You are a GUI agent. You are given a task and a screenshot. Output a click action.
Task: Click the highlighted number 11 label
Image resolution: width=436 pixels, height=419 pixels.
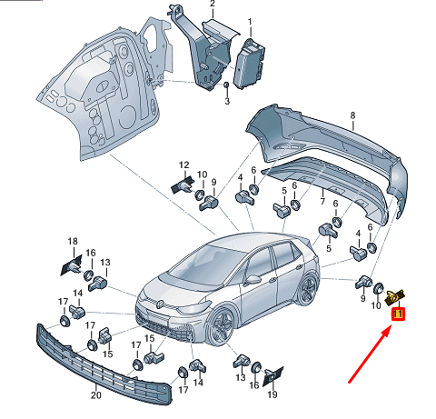[398, 314]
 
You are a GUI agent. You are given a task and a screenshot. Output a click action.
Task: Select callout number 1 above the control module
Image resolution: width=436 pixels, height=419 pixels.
[250, 22]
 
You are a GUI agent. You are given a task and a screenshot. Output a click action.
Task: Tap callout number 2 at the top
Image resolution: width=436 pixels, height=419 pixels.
[213, 4]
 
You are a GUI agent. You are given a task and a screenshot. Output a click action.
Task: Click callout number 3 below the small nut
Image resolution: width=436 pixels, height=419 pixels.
[227, 101]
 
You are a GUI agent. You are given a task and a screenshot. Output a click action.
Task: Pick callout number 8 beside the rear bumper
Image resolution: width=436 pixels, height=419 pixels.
[352, 115]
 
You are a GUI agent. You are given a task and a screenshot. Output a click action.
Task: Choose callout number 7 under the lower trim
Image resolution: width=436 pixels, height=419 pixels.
[322, 201]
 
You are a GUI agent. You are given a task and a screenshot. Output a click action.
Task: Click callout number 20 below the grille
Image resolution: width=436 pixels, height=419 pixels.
[95, 395]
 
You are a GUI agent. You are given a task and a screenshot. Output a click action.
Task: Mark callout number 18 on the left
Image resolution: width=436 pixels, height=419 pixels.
[73, 241]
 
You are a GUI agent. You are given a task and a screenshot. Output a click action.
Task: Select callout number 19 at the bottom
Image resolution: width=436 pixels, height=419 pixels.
[272, 394]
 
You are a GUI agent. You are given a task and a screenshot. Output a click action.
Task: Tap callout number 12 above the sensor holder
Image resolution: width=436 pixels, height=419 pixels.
[184, 165]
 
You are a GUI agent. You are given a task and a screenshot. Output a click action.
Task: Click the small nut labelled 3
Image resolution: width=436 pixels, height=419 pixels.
[226, 85]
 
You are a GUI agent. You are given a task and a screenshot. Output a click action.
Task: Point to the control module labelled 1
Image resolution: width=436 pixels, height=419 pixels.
[250, 64]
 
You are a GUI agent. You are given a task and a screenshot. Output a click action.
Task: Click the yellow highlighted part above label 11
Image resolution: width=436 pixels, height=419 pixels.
[395, 296]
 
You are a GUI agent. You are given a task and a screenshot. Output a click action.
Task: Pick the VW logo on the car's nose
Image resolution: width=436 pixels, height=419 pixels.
[161, 304]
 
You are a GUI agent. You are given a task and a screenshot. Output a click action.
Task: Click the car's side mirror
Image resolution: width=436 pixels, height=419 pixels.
[253, 279]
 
